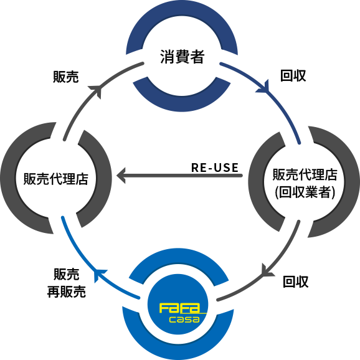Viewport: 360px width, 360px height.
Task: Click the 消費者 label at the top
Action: click(x=182, y=57)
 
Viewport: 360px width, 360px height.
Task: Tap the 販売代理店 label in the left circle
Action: click(x=56, y=179)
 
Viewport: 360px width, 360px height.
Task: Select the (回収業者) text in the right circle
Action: click(x=305, y=192)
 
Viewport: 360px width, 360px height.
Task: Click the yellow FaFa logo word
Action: click(x=179, y=308)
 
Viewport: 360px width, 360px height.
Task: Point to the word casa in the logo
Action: click(x=184, y=320)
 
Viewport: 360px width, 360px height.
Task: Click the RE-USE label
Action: click(x=215, y=168)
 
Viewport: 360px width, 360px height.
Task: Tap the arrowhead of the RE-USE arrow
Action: click(x=121, y=176)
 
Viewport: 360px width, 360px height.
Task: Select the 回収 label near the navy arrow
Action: click(x=293, y=75)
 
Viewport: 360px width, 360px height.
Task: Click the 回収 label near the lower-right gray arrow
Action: click(x=295, y=282)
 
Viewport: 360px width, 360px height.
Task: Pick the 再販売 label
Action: click(x=67, y=291)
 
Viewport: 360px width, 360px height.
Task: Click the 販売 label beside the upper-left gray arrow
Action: click(x=66, y=77)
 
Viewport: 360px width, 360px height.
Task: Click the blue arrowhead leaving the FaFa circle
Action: click(x=100, y=275)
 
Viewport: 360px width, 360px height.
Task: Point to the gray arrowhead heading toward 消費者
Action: click(x=96, y=90)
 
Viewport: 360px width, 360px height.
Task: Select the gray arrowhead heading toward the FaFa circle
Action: click(x=267, y=271)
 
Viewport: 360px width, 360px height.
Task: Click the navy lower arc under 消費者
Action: click(x=182, y=104)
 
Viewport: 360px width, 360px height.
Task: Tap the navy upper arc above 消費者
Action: click(x=182, y=11)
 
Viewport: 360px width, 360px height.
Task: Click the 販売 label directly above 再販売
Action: click(x=67, y=274)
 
